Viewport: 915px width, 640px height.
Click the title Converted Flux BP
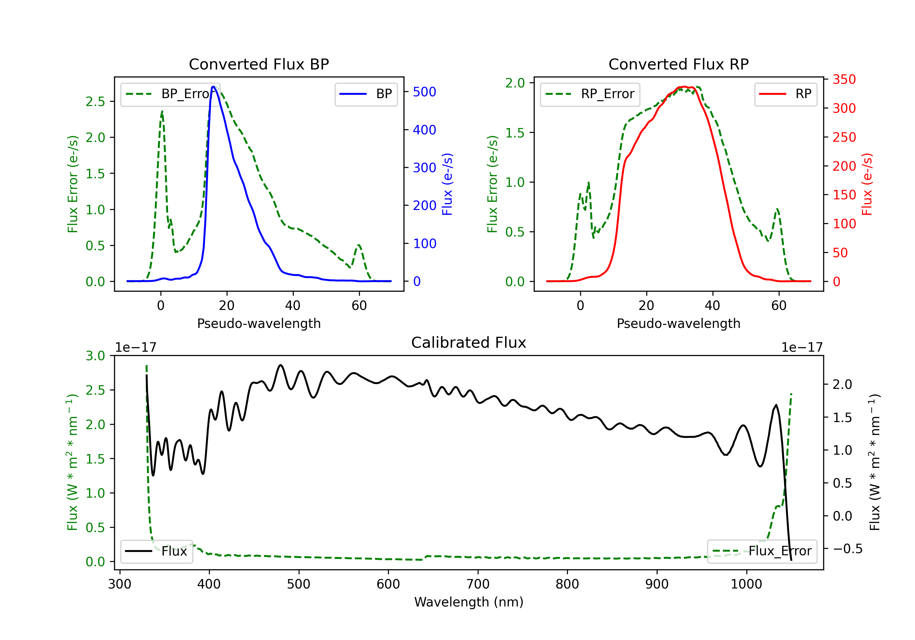(x=259, y=64)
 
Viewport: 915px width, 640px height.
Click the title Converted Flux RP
(x=678, y=64)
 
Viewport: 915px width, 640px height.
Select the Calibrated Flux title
(x=469, y=343)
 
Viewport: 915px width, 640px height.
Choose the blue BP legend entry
(x=366, y=94)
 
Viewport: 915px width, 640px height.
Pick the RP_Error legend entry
(x=590, y=94)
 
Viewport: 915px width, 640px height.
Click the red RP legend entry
(x=785, y=94)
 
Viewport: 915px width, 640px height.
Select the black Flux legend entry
(x=156, y=551)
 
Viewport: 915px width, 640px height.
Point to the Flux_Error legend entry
(x=762, y=551)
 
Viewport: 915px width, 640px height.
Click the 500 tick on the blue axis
(x=425, y=92)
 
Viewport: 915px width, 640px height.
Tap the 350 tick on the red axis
(x=844, y=80)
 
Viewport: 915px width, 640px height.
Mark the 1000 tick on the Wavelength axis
(x=746, y=584)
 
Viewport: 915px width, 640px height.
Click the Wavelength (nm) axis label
(x=469, y=602)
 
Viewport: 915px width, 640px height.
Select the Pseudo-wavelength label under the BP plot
(x=259, y=323)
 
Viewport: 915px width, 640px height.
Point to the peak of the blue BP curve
(x=213, y=87)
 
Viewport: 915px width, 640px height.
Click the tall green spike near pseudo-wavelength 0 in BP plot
(x=162, y=112)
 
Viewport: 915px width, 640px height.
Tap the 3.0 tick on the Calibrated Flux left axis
(x=95, y=356)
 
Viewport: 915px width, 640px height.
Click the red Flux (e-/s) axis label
(x=867, y=184)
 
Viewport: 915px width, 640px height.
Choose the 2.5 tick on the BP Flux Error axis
(x=95, y=101)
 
